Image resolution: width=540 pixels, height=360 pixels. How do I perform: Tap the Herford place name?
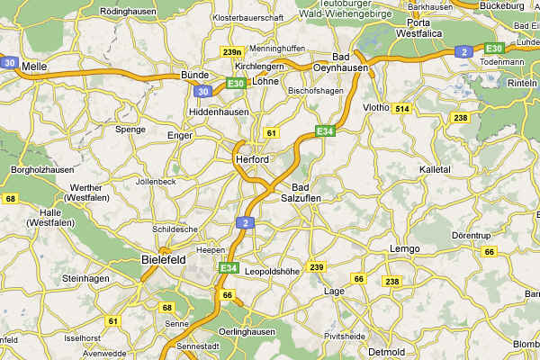(x=251, y=159)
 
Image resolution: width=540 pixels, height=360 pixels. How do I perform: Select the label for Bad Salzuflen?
(x=301, y=192)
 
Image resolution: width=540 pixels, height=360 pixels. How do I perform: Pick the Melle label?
(x=34, y=66)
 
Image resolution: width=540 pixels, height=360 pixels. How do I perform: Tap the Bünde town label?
(x=194, y=75)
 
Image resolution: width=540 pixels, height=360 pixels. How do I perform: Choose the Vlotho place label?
(x=376, y=107)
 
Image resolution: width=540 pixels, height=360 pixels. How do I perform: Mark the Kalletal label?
(x=436, y=169)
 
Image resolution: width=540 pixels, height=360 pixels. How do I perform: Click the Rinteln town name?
(x=522, y=84)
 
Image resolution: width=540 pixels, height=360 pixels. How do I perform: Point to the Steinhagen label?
(x=85, y=279)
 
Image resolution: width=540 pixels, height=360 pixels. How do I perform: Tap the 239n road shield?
(x=232, y=51)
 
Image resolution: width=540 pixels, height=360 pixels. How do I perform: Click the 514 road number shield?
(x=401, y=109)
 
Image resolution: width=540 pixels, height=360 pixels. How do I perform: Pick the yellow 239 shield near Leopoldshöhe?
(x=316, y=267)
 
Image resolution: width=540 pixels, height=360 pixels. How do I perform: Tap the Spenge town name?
(x=130, y=129)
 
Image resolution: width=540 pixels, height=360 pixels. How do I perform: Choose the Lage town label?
(x=334, y=291)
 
